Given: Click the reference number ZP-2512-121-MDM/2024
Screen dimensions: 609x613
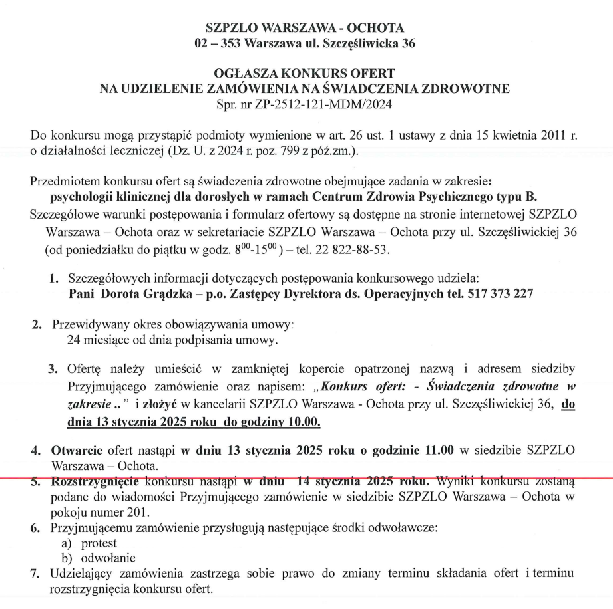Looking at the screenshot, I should [330, 104].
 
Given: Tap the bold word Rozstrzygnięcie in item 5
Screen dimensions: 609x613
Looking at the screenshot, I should [97, 481].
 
